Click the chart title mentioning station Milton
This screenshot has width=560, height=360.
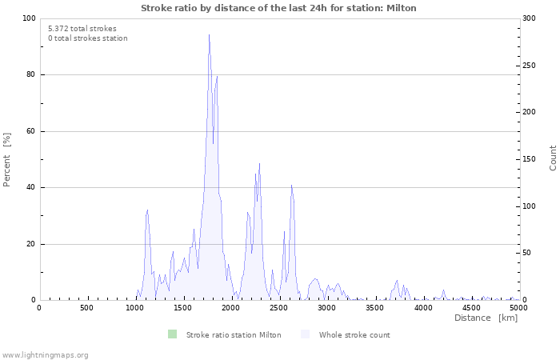point(278,8)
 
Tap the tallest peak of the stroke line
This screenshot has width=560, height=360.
point(209,35)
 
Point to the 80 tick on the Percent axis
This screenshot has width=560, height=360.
point(31,75)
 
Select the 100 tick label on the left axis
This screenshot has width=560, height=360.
point(29,18)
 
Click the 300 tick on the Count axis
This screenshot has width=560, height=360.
point(530,18)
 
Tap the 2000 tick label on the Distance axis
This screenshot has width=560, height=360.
point(230,308)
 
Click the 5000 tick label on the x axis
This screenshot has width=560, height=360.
point(518,308)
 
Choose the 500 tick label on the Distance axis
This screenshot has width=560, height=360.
point(86,308)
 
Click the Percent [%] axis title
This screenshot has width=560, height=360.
point(7,159)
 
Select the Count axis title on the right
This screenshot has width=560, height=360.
point(553,158)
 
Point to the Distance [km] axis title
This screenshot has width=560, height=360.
point(486,318)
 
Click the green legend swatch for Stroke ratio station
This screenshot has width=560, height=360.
point(173,334)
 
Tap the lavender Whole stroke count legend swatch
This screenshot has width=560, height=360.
point(306,334)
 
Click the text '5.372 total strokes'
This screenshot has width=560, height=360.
point(82,29)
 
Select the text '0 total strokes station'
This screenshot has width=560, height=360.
point(87,38)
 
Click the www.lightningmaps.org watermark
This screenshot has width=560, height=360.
point(45,355)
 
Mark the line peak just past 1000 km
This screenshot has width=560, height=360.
point(147,210)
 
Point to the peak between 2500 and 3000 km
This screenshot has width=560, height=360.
point(291,185)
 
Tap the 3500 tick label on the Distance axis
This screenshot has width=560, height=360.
point(374,308)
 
